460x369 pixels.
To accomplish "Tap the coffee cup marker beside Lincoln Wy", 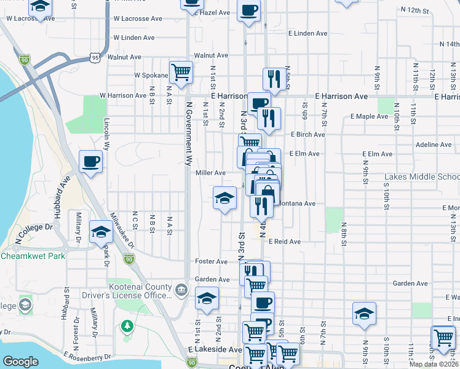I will [x=91, y=162].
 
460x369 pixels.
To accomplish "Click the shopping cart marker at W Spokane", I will [x=181, y=73].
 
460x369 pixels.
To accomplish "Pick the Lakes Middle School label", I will [x=422, y=177].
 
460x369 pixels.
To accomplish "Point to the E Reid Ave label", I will [x=284, y=242].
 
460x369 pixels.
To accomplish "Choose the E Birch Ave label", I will [x=307, y=135].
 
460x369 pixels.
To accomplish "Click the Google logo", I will [x=21, y=362].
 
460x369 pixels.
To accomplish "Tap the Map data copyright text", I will [x=434, y=364].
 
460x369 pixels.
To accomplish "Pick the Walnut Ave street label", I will [x=211, y=55].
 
